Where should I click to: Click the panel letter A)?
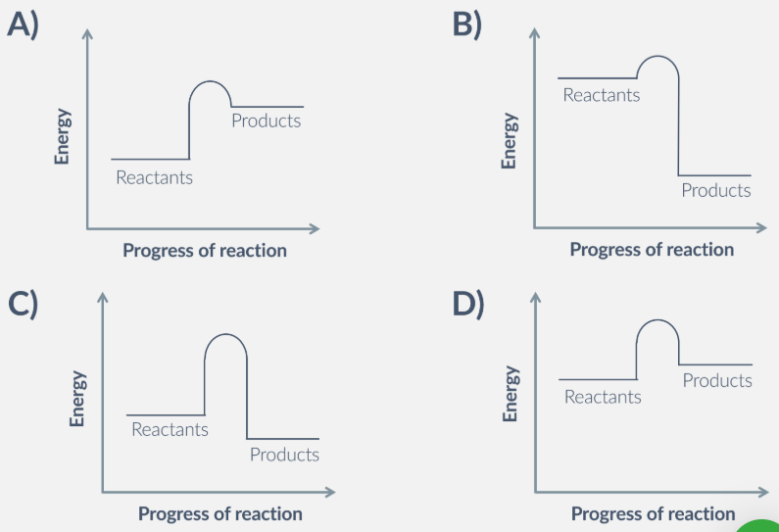[23, 24]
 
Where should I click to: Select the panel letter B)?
[467, 24]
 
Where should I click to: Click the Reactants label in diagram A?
[154, 178]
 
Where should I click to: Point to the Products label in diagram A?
[266, 121]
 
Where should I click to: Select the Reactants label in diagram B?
[601, 95]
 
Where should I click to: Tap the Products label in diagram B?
[715, 191]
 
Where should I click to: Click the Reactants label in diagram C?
[170, 429]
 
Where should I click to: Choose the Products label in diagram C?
[284, 455]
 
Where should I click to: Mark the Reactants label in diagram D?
[603, 397]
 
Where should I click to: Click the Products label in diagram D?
[717, 380]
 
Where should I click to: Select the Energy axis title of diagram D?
[510, 394]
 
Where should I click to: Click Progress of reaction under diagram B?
[652, 250]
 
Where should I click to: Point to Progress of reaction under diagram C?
[219, 513]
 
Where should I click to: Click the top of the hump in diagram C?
[225, 335]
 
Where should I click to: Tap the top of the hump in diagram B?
[658, 56]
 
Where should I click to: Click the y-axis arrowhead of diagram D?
[535, 297]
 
